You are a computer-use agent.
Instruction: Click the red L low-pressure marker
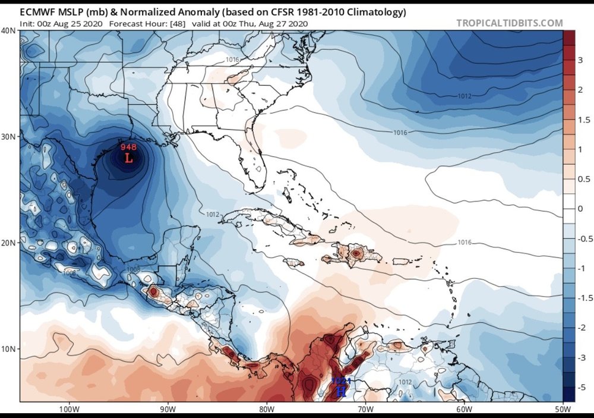(128, 158)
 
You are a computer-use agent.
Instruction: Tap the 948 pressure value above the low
(128, 147)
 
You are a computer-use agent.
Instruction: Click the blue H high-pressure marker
(341, 391)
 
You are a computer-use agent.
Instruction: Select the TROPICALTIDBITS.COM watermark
(509, 23)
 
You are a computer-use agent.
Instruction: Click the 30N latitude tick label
(9, 136)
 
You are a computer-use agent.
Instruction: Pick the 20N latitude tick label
(9, 243)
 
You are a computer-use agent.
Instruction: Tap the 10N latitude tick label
(9, 348)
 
